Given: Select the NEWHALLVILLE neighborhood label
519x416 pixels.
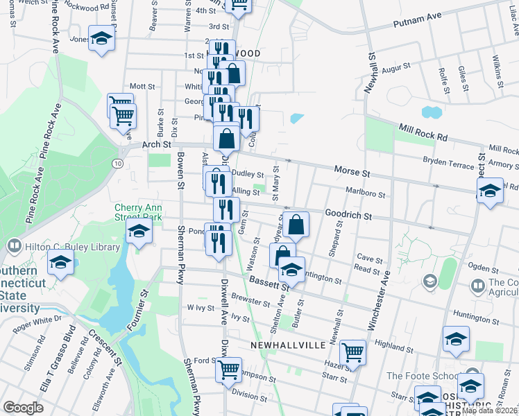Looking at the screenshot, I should pyautogui.click(x=282, y=345).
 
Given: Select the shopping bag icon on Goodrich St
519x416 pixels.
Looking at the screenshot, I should pyautogui.click(x=296, y=224).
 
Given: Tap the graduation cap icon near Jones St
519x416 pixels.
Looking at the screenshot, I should pyautogui.click(x=101, y=40).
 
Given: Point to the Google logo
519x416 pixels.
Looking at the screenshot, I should pyautogui.click(x=23, y=407).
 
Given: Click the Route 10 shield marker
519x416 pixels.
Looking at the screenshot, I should pyautogui.click(x=119, y=162).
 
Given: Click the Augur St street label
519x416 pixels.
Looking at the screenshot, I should pyautogui.click(x=396, y=68).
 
